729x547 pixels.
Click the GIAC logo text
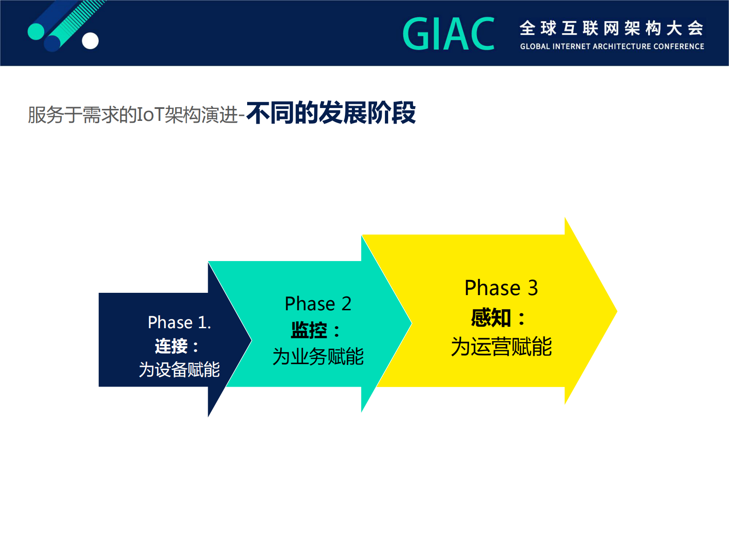[x=449, y=34]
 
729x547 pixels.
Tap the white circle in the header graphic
[x=90, y=41]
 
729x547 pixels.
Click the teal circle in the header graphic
[x=36, y=31]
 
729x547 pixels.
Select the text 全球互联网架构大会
[x=611, y=28]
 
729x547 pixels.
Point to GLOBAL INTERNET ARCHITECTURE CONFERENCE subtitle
[x=612, y=46]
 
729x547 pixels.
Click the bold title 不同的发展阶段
[x=331, y=113]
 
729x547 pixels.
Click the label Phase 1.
[x=179, y=323]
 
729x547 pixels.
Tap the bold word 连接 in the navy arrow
[x=171, y=346]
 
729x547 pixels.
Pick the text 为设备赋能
[x=179, y=370]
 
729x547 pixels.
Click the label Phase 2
[x=318, y=304]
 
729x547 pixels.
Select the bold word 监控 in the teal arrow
[x=309, y=330]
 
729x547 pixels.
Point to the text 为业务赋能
[x=318, y=357]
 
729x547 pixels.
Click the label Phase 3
[x=501, y=288]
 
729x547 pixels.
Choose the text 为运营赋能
[x=501, y=347]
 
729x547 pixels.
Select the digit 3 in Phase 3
[x=532, y=288]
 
